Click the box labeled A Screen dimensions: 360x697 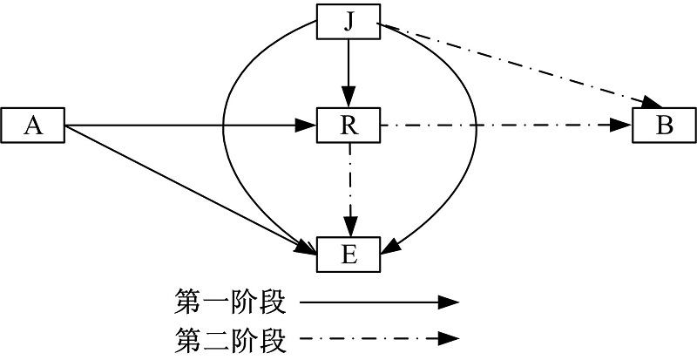coord(34,126)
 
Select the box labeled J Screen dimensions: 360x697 coord(348,22)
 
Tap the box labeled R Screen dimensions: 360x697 coord(348,126)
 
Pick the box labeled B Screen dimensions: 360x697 coord(664,126)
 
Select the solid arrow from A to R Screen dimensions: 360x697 coord(192,126)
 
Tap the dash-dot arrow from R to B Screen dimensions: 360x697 coord(505,126)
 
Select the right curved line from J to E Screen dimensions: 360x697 coord(475,131)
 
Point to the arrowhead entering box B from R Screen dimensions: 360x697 coord(623,126)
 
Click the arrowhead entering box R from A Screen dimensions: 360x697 coord(305,126)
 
